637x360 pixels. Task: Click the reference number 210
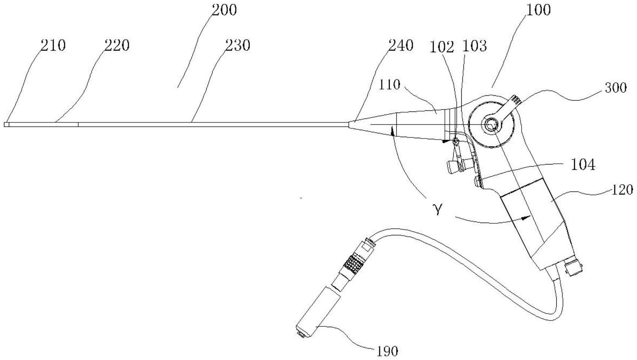(x=53, y=46)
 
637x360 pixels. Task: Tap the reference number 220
(x=117, y=46)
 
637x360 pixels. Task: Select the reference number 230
(x=237, y=46)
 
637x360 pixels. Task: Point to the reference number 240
(x=401, y=46)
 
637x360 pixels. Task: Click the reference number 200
(x=224, y=10)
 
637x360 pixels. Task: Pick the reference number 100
(x=538, y=10)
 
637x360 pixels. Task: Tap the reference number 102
(x=442, y=47)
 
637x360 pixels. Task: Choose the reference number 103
(x=474, y=46)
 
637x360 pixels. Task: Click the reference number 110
(x=389, y=85)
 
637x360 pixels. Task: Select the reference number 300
(x=616, y=88)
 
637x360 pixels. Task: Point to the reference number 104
(x=583, y=165)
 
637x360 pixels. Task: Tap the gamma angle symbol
(x=438, y=209)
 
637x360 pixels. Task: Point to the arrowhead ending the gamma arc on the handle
(x=526, y=218)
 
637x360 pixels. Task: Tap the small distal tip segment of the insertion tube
(x=7, y=125)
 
